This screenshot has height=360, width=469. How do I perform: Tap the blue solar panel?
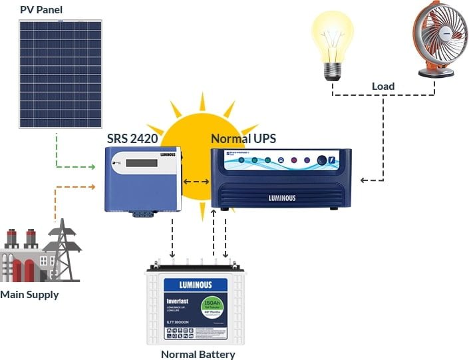(x=60, y=73)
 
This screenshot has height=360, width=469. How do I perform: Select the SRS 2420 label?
(x=134, y=139)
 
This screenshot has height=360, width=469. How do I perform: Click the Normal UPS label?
(x=243, y=139)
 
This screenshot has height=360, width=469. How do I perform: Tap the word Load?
(x=383, y=86)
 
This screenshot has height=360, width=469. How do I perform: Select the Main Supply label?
(x=29, y=294)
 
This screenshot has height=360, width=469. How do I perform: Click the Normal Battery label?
(x=198, y=354)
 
